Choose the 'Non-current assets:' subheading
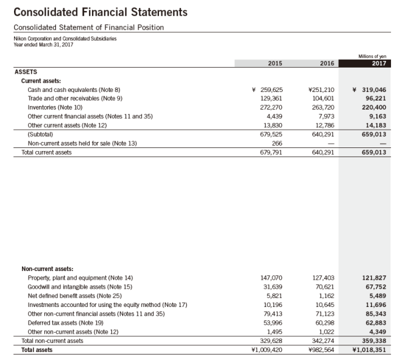(x=48, y=268)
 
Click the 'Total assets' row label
(x=37, y=350)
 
